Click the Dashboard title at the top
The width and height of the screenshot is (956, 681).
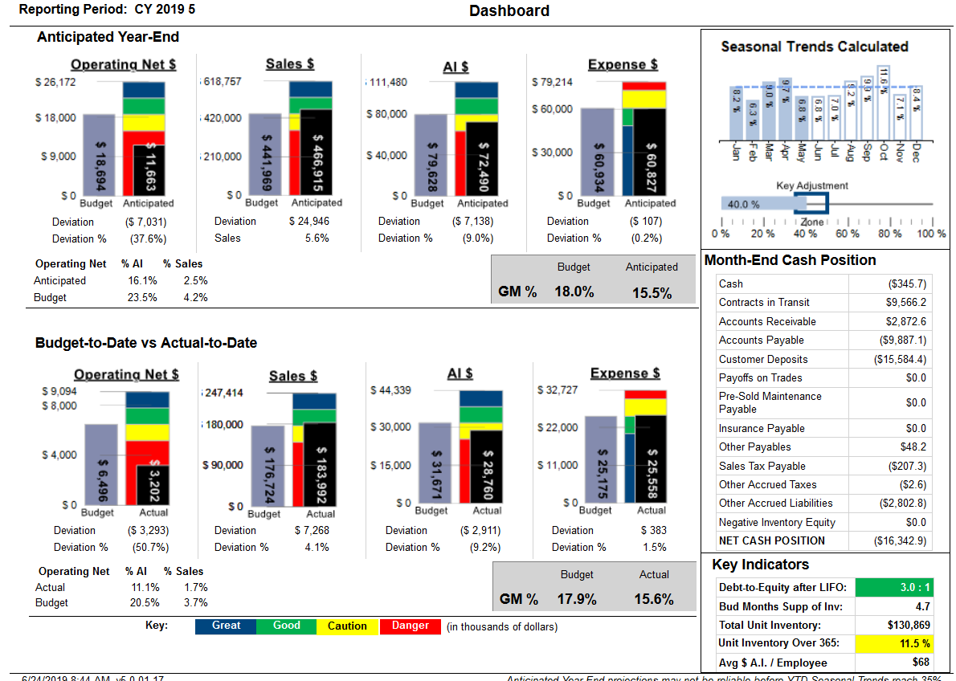[x=509, y=10]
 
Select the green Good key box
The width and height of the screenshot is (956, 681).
[x=286, y=626]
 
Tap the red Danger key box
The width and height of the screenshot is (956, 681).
[x=410, y=626]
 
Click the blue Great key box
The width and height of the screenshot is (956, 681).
[x=226, y=626]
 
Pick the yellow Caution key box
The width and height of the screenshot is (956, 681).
[x=347, y=626]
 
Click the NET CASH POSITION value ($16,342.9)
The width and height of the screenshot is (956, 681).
[x=900, y=541]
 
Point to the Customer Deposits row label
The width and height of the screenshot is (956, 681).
[x=763, y=359]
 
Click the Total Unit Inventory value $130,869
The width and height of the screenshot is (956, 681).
[x=909, y=625]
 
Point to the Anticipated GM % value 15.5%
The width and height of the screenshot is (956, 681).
[x=652, y=293]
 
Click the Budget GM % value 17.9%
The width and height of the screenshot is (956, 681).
[x=577, y=599]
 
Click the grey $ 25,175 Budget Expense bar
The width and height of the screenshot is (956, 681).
[x=600, y=462]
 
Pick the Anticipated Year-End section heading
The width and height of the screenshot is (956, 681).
[x=108, y=37]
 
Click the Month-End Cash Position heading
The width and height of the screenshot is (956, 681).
[x=790, y=260]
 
